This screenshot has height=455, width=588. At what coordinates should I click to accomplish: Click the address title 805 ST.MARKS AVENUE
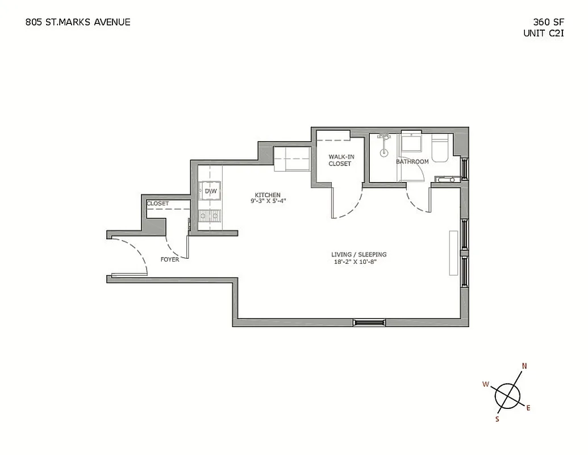pos(78,22)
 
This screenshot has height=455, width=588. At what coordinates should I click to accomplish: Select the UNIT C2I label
pos(543,34)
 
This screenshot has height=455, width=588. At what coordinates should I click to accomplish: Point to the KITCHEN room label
pos(268,195)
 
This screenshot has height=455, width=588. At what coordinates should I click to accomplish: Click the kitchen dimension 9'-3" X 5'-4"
pos(268,201)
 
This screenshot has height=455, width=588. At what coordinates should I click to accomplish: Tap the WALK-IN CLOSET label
pos(340,160)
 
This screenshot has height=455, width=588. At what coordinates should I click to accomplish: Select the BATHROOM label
pos(412,162)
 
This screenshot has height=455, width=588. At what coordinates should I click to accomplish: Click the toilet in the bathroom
pos(440,148)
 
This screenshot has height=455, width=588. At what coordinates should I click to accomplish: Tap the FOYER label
pos(169,259)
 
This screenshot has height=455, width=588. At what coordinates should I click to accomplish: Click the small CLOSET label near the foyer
pos(158,203)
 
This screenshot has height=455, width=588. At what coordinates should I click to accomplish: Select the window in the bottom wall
pos(369,322)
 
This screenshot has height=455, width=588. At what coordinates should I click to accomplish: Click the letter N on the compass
pos(524,366)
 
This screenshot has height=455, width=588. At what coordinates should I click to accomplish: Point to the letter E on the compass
pos(528,407)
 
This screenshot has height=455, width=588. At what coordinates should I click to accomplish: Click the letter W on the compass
pos(486,384)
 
